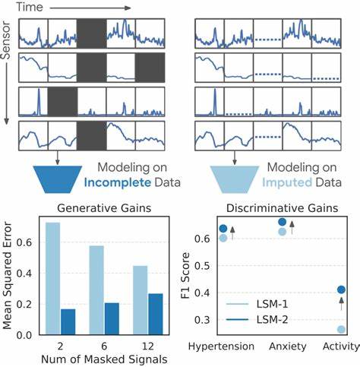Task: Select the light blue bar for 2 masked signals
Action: click(x=52, y=279)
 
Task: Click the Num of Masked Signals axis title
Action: click(x=103, y=359)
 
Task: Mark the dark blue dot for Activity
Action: click(x=341, y=289)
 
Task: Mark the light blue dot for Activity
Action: click(x=341, y=329)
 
